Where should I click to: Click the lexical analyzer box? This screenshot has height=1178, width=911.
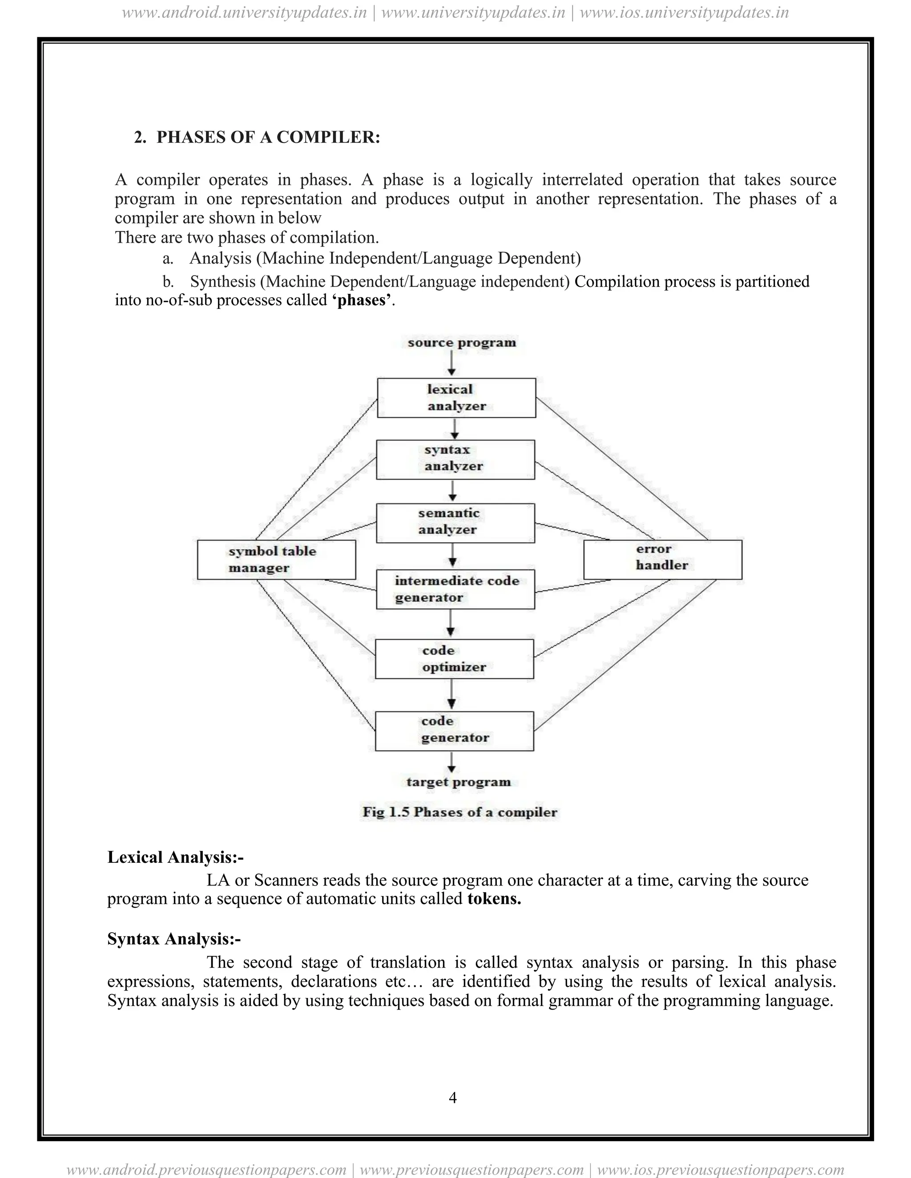click(456, 398)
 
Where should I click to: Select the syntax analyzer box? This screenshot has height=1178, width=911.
click(455, 460)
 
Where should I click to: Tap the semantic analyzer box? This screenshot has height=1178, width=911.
click(455, 523)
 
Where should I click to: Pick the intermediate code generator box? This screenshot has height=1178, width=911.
click(455, 589)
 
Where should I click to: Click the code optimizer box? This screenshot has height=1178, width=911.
click(454, 659)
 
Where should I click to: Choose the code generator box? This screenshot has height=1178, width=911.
click(454, 731)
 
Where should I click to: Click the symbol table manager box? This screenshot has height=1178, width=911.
click(276, 559)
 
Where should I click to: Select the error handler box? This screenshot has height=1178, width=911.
click(662, 559)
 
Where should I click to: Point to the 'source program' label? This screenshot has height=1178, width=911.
click(461, 342)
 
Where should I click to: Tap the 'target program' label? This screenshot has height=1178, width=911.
click(458, 782)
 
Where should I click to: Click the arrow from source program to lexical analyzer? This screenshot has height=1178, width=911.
click(452, 364)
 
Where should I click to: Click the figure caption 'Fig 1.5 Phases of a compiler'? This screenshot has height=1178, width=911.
click(459, 812)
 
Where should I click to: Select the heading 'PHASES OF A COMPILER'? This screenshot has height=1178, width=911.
click(268, 137)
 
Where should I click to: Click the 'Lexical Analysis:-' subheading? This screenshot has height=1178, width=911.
click(175, 857)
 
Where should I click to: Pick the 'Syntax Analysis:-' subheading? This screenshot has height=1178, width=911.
click(174, 939)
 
